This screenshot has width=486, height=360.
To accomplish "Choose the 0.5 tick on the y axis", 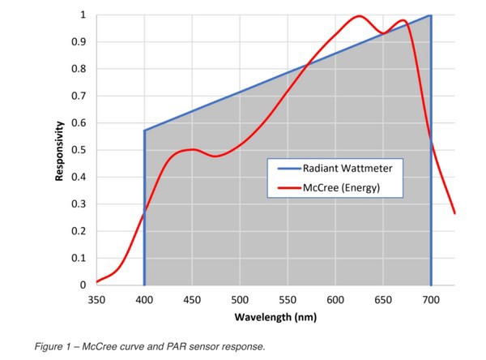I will (81, 150).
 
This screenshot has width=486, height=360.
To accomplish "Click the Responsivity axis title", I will (60, 152).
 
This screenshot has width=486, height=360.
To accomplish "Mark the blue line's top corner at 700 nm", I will (430, 15).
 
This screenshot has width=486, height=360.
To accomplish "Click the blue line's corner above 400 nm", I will (144, 130).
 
